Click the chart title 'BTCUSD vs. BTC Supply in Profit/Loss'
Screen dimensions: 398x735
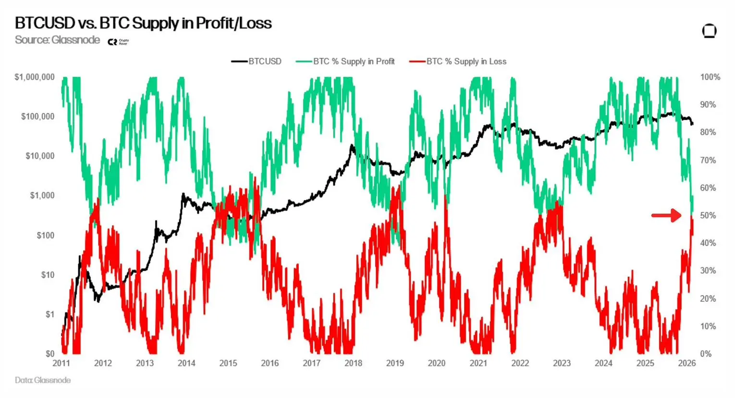coord(143,23)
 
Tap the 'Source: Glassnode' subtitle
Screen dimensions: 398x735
coord(57,40)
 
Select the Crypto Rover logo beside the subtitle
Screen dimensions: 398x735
coord(118,42)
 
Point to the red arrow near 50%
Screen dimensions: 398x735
coord(666,215)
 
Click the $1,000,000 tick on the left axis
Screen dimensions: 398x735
coord(35,77)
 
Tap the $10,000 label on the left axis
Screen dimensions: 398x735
coord(40,156)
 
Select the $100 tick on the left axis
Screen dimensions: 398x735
coord(45,236)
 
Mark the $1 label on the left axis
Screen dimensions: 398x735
coord(50,314)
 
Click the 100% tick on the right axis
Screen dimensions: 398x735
coord(710,77)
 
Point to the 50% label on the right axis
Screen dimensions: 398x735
coord(708,215)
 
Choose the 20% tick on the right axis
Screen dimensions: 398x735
coord(708,298)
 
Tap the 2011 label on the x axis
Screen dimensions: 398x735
coord(61,363)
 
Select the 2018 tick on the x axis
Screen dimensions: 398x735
coord(353,363)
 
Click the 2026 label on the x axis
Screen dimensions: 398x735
coord(686,363)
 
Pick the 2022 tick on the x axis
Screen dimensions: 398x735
coord(520,363)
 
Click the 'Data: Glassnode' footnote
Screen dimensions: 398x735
coord(43,380)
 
